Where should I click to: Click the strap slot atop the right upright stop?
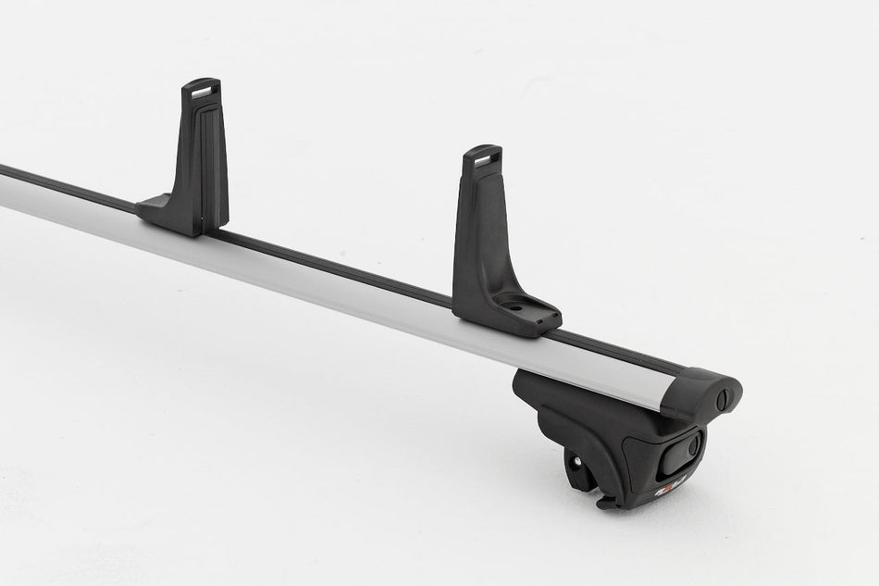(482, 157)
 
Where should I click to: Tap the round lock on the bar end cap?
(724, 399)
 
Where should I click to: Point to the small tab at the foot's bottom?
(606, 502)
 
